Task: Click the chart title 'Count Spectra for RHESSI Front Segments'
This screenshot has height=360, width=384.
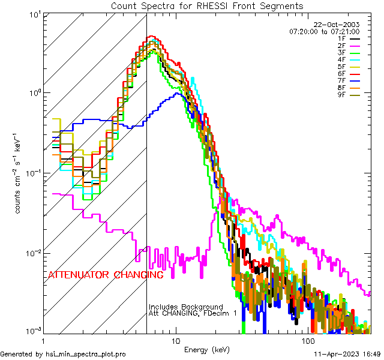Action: click(207, 6)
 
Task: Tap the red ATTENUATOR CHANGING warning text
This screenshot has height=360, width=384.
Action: click(106, 275)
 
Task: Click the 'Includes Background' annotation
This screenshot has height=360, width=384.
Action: click(185, 307)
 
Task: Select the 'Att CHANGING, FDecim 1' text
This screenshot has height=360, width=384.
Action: click(193, 314)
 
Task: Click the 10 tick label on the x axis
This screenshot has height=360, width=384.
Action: click(176, 340)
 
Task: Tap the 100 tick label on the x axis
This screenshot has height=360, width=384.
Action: click(308, 340)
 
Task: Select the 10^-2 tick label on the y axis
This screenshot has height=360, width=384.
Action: click(34, 253)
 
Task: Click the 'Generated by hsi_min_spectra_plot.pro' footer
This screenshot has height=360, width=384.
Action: click(63, 355)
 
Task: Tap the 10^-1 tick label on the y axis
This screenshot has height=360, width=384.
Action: click(34, 173)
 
